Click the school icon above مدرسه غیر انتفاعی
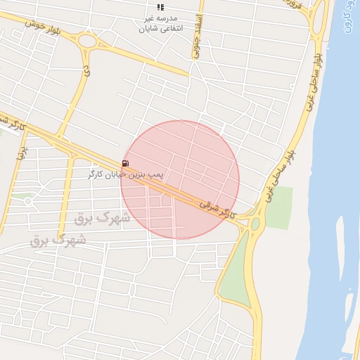[x=160, y=6]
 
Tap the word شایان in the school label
[x=153, y=29]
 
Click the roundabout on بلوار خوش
[x=88, y=41]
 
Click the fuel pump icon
[x=125, y=164]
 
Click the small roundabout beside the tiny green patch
[x=28, y=201]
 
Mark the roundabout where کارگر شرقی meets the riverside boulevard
[x=255, y=224]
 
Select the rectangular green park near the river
[x=279, y=207]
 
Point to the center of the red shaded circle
[x=180, y=180]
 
